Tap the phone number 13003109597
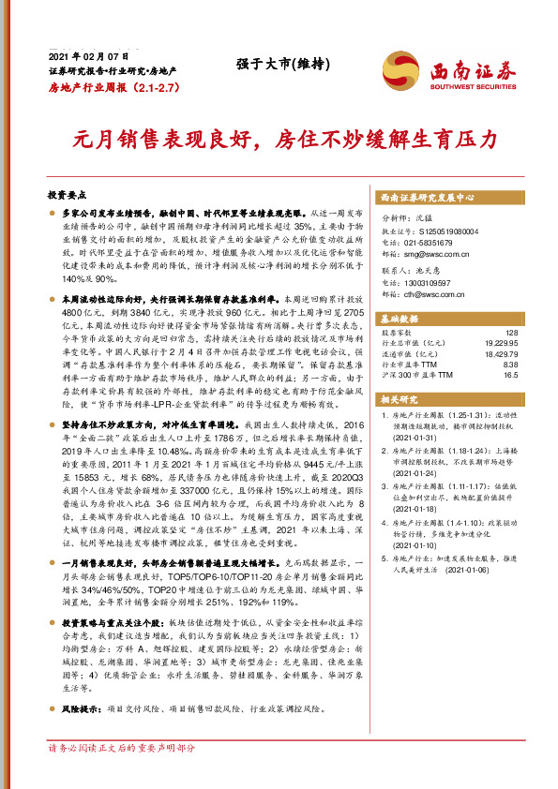[x=435, y=283]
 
